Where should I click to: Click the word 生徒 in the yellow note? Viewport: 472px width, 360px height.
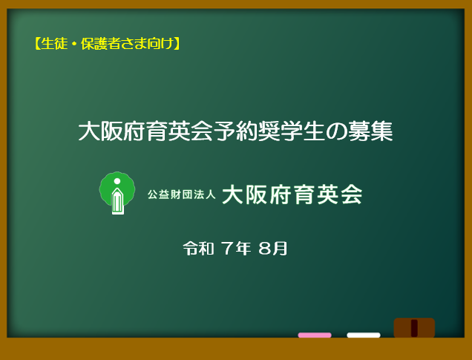(54, 44)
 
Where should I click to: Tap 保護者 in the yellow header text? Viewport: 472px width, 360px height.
(101, 44)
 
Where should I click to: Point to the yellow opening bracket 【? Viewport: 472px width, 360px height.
(37, 44)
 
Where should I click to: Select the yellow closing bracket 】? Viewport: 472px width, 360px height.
(177, 44)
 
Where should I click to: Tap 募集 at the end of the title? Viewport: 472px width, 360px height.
(370, 131)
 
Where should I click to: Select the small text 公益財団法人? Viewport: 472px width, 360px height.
(182, 194)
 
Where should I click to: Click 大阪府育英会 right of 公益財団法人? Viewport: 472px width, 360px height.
(292, 194)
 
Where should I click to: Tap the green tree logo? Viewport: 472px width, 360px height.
(117, 193)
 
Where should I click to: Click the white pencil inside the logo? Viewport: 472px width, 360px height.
(118, 201)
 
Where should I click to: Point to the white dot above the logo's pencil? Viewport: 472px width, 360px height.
(117, 181)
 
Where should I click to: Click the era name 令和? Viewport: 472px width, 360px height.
(199, 249)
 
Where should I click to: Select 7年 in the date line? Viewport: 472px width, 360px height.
(236, 249)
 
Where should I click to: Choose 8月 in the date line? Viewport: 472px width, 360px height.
(272, 249)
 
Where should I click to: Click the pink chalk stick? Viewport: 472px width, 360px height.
(315, 335)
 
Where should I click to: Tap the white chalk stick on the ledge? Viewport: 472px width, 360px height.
(364, 335)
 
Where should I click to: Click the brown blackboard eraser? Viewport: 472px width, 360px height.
(414, 328)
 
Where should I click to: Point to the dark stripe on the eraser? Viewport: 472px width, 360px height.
(414, 328)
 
